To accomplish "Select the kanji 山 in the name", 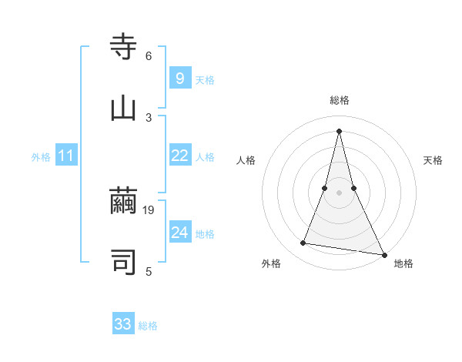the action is tap(123, 109).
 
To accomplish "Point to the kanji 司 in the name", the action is tap(123, 263).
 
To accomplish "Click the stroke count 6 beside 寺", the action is tap(149, 56).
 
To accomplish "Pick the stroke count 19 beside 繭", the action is tap(149, 210).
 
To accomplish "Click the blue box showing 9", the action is tap(179, 78).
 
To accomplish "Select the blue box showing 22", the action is tap(179, 156).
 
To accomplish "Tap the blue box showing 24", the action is tap(179, 233).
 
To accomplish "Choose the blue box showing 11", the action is tap(66, 156).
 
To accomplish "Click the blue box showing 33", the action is tap(123, 324).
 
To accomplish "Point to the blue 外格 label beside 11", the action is tap(41, 157).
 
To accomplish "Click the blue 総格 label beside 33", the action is tap(148, 326).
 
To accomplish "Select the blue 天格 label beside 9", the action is tap(205, 79).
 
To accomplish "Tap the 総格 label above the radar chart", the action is tap(340, 100).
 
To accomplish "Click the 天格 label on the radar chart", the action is tap(434, 160).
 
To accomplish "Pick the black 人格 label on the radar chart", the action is tap(246, 160).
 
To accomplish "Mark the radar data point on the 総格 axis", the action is tap(339, 131).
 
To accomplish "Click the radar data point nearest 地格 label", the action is tap(383, 254).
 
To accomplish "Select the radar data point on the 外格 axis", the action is tap(303, 243).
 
